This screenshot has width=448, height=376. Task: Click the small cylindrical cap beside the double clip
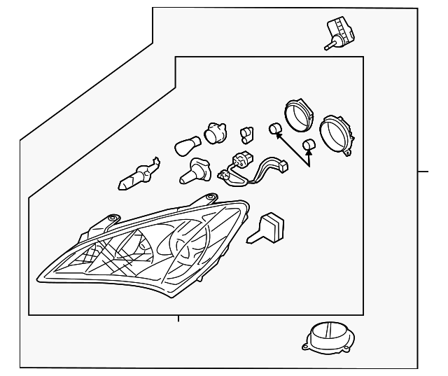[275, 128]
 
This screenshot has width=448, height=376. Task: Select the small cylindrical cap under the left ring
[308, 144]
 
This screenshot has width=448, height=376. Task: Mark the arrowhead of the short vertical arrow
[309, 152]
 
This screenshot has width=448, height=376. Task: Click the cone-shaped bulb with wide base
[194, 171]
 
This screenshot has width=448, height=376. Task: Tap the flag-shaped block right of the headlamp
[270, 227]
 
